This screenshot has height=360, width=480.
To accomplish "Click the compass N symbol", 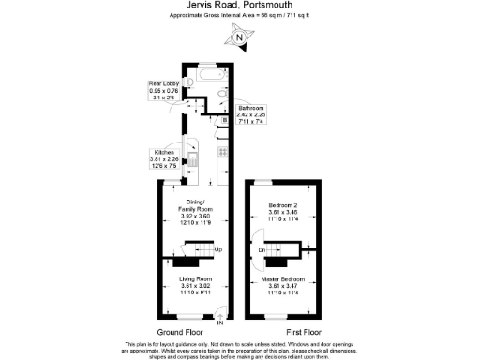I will [240, 38].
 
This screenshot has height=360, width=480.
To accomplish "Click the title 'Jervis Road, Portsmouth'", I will [239, 6].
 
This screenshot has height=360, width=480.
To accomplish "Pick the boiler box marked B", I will [224, 120].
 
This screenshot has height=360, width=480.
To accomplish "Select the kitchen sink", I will [190, 148].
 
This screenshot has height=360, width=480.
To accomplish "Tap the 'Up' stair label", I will [217, 249].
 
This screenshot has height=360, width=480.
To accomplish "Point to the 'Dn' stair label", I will [262, 249].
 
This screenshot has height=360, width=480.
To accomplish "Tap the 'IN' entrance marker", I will [221, 324].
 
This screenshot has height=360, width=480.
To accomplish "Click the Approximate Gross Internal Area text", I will [239, 16].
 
